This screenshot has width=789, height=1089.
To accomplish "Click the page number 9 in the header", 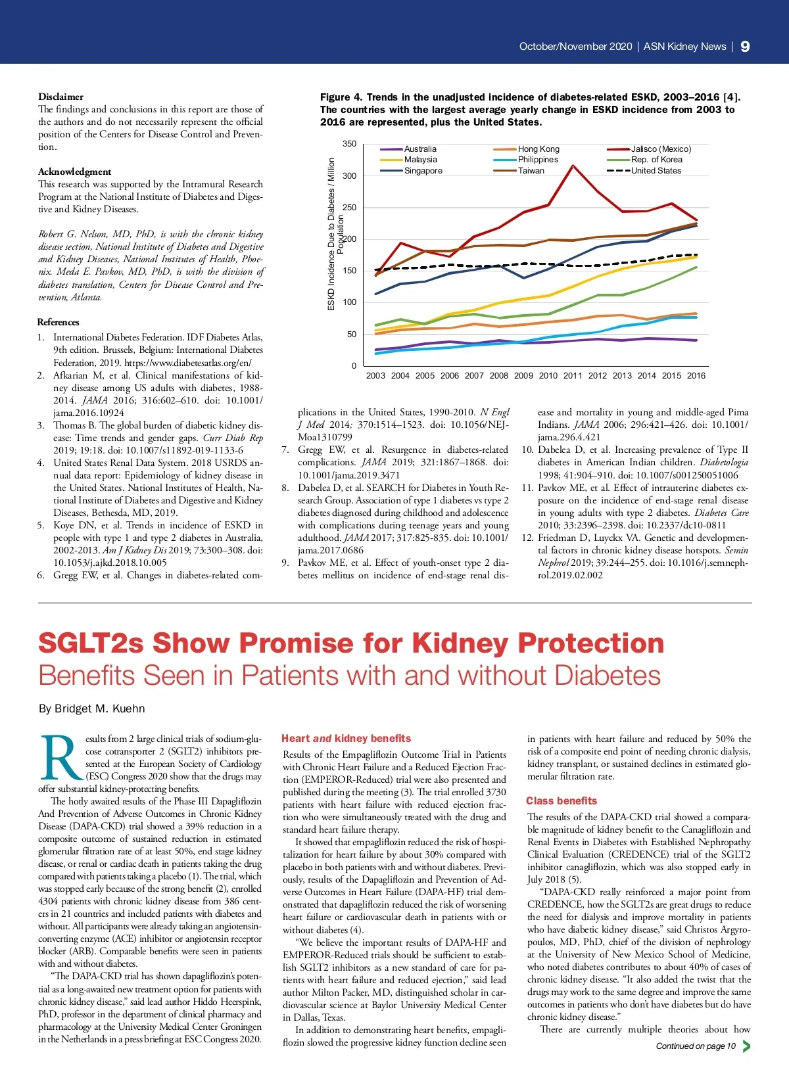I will (x=745, y=46).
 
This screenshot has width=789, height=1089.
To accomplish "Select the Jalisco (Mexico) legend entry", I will (x=661, y=149).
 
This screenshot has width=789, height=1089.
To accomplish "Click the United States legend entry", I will (x=656, y=171).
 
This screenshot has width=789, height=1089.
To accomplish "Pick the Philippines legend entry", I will (x=537, y=160).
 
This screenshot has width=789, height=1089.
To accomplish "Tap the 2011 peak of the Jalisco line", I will (x=573, y=166).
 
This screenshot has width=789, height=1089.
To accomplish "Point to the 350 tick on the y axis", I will (x=349, y=144).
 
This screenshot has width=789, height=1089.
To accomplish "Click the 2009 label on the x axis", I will (x=523, y=376).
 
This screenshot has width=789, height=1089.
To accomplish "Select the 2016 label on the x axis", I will (x=696, y=376).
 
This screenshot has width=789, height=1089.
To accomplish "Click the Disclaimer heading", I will (x=60, y=97).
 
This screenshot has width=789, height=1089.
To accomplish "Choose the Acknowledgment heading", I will (x=74, y=172).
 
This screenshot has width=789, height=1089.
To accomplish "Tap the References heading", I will (x=58, y=322).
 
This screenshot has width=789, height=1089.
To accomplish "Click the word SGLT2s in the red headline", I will (x=91, y=643).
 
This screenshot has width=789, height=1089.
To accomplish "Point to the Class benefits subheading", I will (x=561, y=801).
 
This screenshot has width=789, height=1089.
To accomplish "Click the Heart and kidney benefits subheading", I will (x=346, y=739).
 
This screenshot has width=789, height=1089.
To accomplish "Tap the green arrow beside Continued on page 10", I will (x=746, y=1046).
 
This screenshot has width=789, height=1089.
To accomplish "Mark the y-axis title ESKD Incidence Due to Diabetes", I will (x=331, y=233).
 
